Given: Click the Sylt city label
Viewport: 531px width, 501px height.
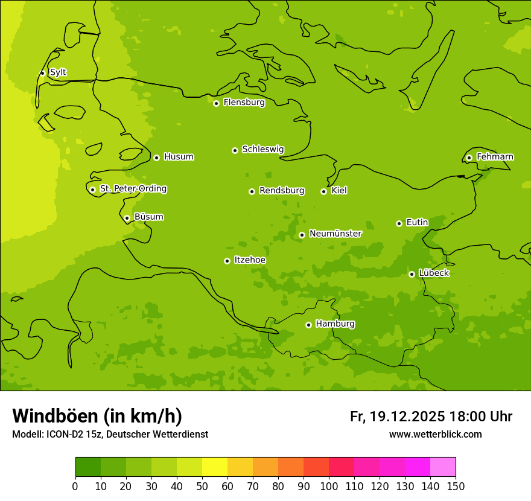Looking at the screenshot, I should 58,72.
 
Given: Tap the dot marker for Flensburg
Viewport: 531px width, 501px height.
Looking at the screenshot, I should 216,103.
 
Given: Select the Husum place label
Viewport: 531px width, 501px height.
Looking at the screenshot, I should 179,157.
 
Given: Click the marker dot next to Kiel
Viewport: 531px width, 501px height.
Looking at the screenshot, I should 323,191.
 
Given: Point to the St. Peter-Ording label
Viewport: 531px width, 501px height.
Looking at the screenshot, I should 133,189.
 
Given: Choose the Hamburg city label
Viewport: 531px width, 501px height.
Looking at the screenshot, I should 335,324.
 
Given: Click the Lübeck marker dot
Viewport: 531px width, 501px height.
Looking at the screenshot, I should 412,274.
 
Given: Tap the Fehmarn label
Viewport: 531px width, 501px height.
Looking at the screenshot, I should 495,157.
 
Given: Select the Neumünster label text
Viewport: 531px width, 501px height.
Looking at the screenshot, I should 335,234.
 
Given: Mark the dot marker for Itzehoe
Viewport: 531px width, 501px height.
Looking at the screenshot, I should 227,261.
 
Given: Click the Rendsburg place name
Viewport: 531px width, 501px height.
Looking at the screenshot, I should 282,191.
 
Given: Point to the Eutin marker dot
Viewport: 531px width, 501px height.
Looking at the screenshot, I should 399,223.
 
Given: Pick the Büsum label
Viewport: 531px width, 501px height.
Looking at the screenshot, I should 148,217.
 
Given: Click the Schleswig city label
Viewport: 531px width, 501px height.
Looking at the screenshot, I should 262,149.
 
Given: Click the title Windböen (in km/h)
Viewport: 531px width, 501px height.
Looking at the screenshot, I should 97,416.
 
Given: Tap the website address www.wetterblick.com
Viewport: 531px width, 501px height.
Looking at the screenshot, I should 435,435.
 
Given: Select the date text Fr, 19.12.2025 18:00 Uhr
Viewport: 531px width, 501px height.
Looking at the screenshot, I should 431,416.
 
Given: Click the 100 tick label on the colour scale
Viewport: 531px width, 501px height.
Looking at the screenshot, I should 329,486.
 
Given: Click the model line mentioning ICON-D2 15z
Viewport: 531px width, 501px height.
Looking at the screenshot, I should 110,435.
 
